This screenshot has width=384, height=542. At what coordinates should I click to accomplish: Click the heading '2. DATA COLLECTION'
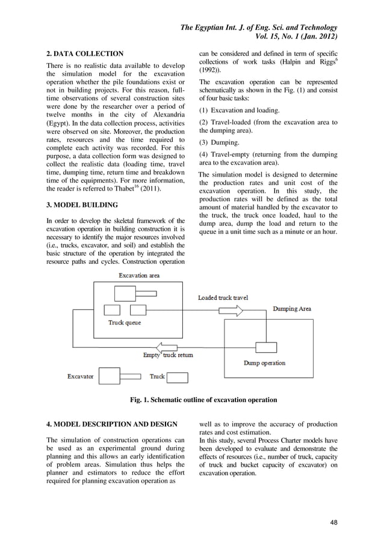click(85, 53)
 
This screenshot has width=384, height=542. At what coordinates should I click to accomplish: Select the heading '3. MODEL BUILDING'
click(82, 206)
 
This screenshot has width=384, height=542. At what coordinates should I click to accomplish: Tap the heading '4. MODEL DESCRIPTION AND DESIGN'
click(112, 424)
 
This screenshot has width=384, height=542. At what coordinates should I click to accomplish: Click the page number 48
click(333, 522)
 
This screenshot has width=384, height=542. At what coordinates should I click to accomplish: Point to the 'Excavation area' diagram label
click(139, 275)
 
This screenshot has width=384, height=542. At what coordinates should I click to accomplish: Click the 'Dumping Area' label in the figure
click(292, 309)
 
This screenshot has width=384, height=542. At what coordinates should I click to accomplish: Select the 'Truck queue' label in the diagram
click(125, 323)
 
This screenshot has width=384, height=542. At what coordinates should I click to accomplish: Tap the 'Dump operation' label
click(264, 363)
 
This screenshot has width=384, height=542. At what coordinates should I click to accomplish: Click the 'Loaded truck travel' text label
click(223, 297)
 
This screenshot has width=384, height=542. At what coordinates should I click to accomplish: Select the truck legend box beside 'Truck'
click(177, 377)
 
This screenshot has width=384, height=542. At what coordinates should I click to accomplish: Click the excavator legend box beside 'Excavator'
click(109, 376)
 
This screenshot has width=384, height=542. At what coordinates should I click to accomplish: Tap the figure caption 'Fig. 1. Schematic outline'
click(203, 400)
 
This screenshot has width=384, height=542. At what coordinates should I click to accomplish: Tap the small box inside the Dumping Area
click(265, 347)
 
